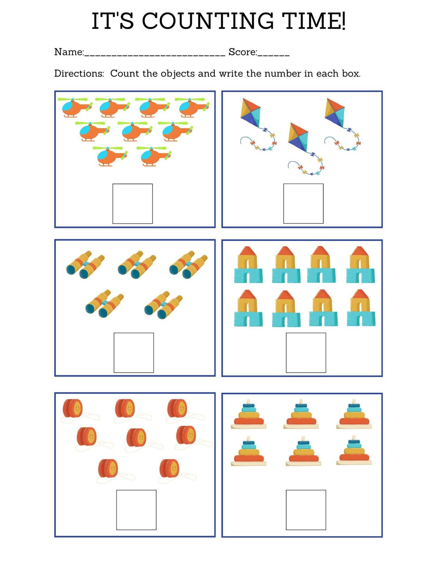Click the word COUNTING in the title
(x=208, y=21)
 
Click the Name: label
(x=69, y=52)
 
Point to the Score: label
(x=243, y=52)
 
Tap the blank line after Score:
(x=274, y=54)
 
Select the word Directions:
(x=79, y=74)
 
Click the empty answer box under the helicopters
(x=132, y=204)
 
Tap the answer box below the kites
(x=303, y=204)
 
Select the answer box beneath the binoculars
(x=134, y=353)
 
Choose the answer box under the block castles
(x=306, y=353)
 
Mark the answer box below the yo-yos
(x=136, y=510)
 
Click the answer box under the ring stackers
(x=306, y=510)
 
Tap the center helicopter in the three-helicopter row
(x=135, y=131)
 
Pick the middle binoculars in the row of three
(x=137, y=265)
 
